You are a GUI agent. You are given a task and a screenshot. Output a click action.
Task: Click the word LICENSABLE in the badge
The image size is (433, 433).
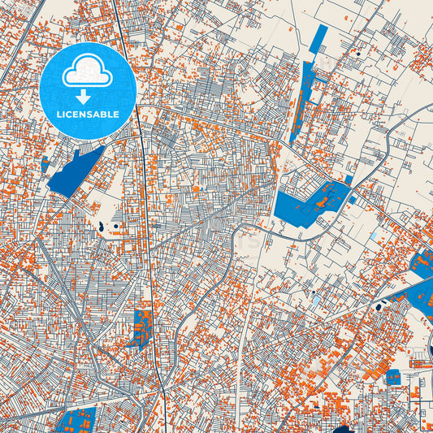point(88,115)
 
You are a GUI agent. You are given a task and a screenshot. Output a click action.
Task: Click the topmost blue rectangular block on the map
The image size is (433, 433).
point(319,36)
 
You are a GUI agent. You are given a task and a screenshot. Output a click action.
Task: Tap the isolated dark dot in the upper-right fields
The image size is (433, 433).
point(357,54)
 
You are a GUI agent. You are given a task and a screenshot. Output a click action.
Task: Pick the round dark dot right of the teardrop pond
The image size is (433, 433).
point(116,225)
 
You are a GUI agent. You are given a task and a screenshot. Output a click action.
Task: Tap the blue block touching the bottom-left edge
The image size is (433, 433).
point(78,421)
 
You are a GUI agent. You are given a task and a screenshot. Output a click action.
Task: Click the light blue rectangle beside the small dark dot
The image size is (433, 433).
point(316,301)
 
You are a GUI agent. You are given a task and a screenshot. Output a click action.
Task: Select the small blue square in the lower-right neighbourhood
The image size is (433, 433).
point(392,376)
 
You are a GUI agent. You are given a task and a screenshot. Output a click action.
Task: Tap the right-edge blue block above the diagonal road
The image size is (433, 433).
point(423,262)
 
